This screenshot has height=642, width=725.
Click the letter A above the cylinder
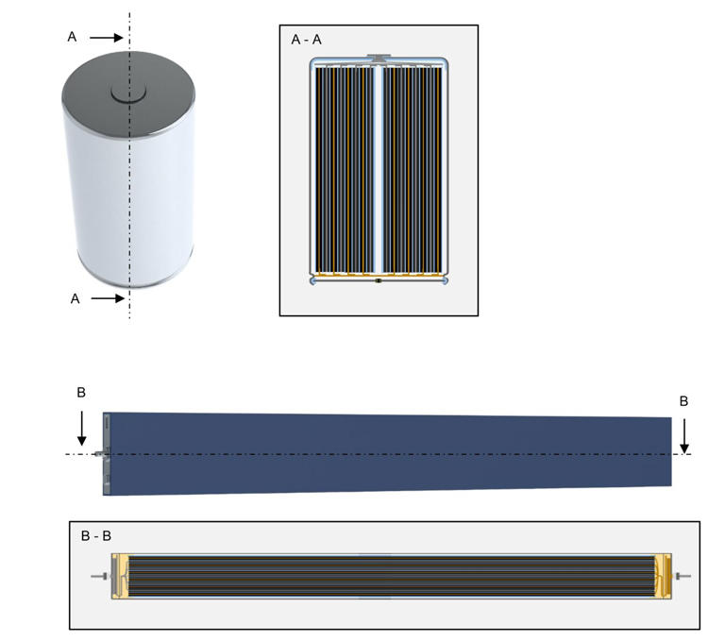[72, 37]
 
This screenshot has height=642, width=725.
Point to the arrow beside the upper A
[106, 38]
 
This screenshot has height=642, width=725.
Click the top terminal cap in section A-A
[379, 59]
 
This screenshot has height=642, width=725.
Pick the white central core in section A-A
[379, 170]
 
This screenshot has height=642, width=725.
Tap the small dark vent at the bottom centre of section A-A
[378, 281]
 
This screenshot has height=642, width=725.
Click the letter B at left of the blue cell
[81, 392]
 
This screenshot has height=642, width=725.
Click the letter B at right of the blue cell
[683, 401]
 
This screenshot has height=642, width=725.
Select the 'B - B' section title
[96, 535]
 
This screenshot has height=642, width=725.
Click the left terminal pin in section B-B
[98, 576]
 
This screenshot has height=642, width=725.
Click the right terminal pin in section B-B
[684, 576]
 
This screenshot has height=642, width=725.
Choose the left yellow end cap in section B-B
[119, 576]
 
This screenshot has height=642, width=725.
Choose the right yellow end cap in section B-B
[663, 576]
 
